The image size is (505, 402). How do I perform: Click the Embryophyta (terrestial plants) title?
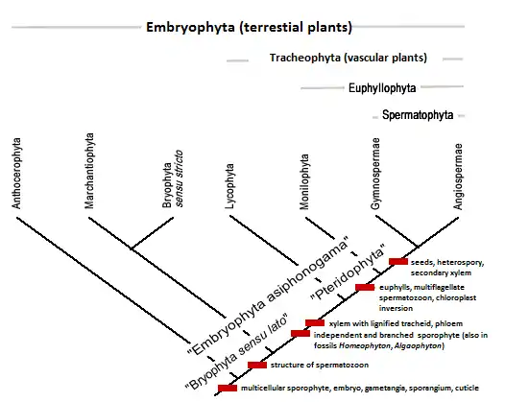249,26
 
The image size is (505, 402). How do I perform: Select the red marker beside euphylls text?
365,287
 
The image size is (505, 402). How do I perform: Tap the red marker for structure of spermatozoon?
257,365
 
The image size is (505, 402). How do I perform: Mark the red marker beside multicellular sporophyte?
228,388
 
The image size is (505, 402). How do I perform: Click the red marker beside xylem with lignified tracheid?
314,322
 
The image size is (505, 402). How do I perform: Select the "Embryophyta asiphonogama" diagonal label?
263,292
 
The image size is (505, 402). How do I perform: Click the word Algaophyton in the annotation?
421,345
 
